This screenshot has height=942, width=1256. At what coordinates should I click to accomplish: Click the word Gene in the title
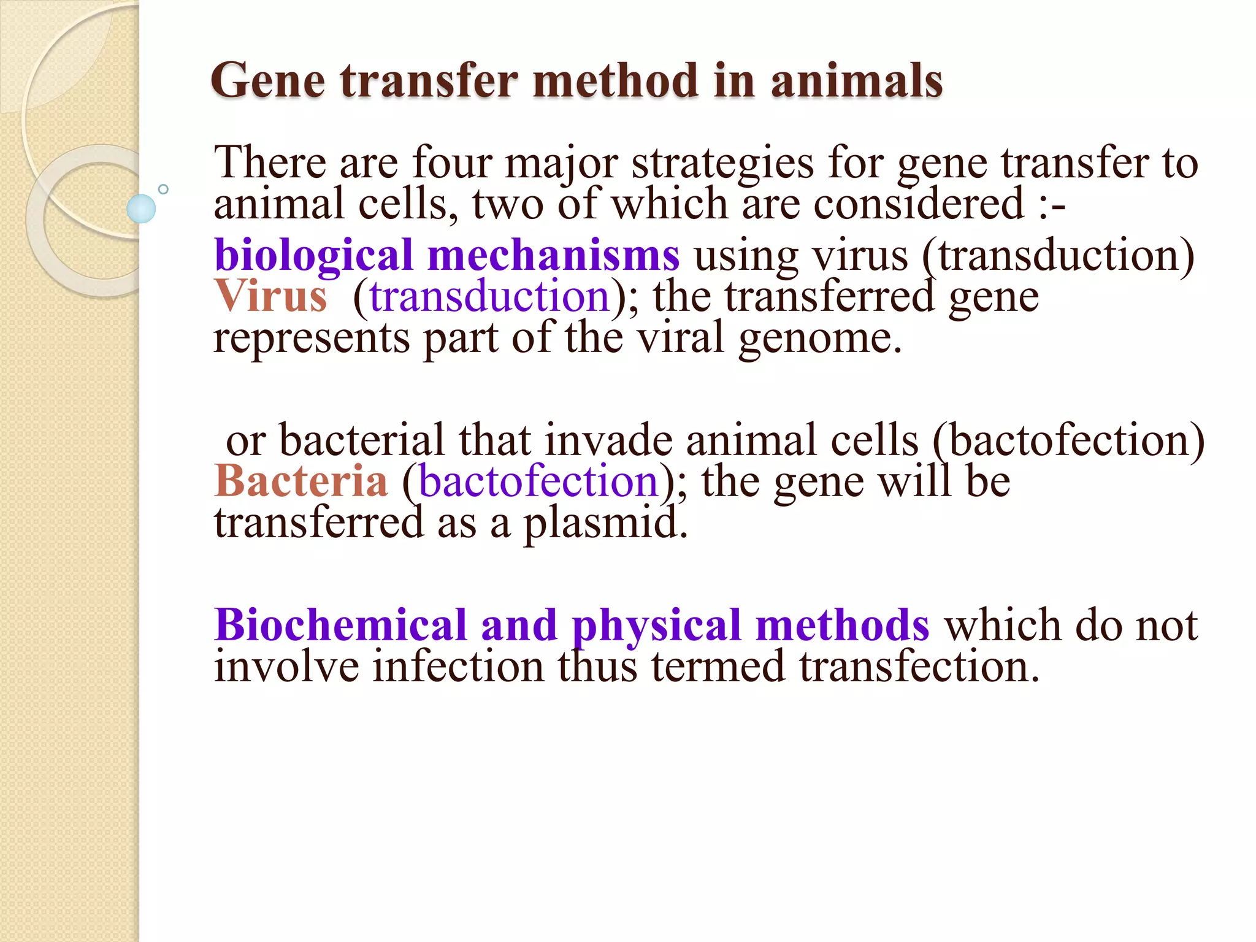click(267, 82)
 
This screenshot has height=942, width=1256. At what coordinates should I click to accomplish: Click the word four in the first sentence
click(452, 163)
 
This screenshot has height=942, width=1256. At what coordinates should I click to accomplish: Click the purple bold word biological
click(313, 256)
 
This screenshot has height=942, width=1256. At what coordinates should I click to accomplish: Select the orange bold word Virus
click(270, 296)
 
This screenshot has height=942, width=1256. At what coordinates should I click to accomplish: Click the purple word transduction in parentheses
click(489, 297)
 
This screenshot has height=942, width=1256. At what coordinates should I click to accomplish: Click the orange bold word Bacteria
click(301, 481)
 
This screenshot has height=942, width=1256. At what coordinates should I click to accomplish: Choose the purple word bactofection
click(538, 482)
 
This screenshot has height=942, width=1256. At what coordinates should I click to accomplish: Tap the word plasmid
click(605, 524)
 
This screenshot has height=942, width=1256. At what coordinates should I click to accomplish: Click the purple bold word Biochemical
click(341, 626)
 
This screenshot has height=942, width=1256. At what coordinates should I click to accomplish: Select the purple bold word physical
click(656, 627)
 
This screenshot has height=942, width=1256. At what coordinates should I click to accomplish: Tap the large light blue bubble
click(141, 209)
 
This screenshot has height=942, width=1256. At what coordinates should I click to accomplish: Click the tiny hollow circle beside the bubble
click(163, 189)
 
